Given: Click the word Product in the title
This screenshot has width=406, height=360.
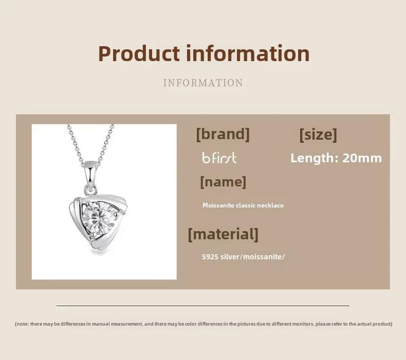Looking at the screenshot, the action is click(x=139, y=54).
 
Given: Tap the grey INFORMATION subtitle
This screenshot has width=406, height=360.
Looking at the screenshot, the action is click(x=203, y=83).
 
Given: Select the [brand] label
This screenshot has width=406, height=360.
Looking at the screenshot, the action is click(x=223, y=135).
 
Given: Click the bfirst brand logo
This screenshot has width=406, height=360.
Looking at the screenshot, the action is click(x=219, y=158).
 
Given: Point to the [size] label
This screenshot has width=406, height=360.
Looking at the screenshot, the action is click(x=318, y=135).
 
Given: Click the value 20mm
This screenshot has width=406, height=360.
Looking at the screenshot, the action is click(x=362, y=158).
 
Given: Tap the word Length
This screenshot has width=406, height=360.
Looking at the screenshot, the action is click(x=312, y=158).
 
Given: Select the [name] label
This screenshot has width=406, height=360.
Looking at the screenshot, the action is click(x=223, y=182).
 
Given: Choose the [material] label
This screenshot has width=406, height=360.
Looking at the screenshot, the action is click(x=223, y=235).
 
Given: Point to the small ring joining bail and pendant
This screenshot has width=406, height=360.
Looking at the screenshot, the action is click(x=91, y=190).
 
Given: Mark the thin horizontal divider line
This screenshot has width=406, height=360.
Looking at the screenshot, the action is click(x=203, y=306).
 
